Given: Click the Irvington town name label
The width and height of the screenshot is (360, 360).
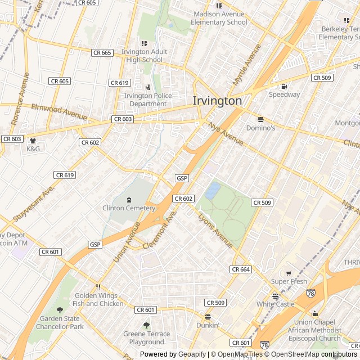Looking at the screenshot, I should [x=217, y=101].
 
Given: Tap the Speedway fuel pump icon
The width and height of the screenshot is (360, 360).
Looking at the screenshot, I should [x=284, y=86].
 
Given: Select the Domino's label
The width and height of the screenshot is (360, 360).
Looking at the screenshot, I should [x=260, y=128].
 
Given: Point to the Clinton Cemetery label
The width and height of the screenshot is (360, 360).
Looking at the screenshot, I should [x=129, y=208].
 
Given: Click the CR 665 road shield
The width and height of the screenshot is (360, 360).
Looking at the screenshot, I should [x=102, y=53].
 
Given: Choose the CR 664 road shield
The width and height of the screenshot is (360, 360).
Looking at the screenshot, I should [x=241, y=269].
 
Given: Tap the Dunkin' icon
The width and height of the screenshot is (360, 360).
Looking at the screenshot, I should [x=208, y=317].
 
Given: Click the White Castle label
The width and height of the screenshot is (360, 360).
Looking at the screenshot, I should [x=275, y=304].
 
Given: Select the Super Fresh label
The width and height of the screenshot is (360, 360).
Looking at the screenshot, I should [x=289, y=281].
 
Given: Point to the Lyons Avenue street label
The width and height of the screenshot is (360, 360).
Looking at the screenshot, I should [x=215, y=231].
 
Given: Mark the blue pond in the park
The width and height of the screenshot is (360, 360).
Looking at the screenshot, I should [x=213, y=191].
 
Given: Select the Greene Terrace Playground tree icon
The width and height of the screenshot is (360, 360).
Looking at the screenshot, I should [x=147, y=325].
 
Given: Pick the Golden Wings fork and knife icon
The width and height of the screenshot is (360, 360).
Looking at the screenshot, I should [x=98, y=287].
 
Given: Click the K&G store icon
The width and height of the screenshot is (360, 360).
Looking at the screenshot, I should [x=33, y=141].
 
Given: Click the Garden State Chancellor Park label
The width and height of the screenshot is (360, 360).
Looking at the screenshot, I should [x=61, y=322].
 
